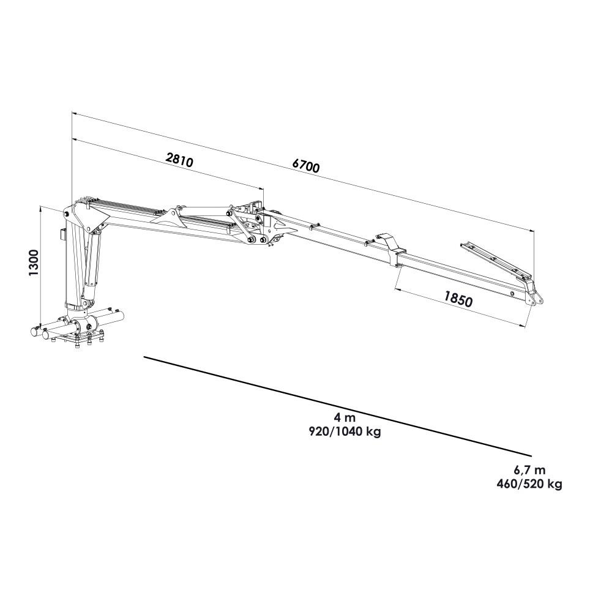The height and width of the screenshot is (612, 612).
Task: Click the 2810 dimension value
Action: (179, 160)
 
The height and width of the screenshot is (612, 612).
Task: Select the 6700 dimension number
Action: (306, 165)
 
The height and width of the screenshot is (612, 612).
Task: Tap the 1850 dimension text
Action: (458, 299)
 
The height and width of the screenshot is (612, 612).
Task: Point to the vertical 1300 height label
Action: (34, 263)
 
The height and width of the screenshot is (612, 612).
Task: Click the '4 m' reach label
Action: (345, 417)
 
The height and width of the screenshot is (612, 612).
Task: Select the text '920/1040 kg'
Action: (345, 431)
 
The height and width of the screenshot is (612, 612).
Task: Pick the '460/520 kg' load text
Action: (529, 484)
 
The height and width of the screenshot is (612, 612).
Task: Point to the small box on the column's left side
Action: (63, 234)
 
